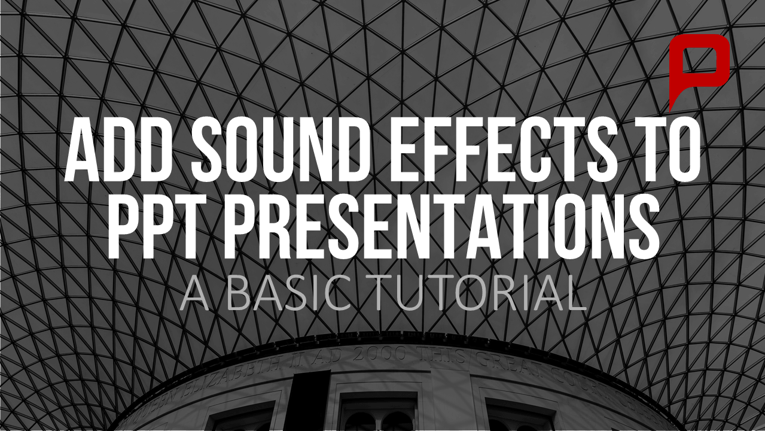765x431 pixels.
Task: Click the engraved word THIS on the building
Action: coord(441,356)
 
